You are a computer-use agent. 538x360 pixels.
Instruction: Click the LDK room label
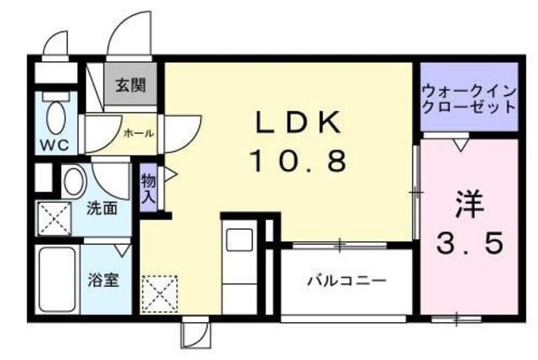point(298,124)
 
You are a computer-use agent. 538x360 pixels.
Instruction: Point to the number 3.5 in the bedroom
point(471,244)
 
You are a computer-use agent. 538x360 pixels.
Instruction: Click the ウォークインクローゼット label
point(468,100)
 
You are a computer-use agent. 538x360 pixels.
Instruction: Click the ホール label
point(139,133)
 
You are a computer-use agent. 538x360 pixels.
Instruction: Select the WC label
point(54,143)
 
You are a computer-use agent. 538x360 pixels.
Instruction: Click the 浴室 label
point(103,280)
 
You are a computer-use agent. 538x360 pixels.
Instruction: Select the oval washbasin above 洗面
point(73,180)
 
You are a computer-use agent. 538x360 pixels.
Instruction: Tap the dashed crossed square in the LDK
point(156,294)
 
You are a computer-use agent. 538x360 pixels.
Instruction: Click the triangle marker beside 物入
point(168,177)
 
